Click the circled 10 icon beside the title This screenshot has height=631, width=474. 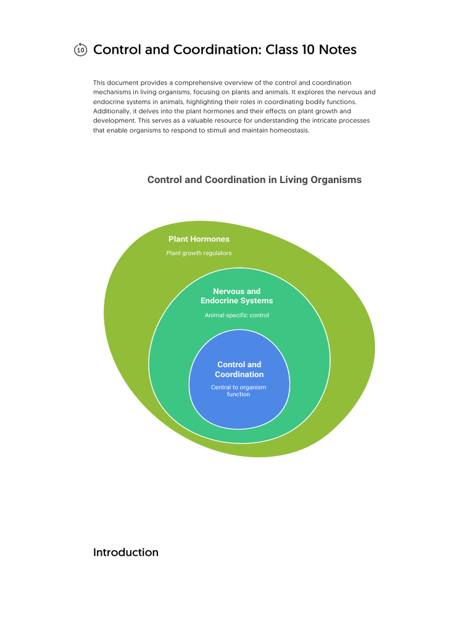point(80,50)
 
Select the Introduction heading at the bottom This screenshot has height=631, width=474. point(125,552)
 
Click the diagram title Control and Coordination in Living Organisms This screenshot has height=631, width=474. point(254,180)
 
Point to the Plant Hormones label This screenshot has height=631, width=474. point(199,239)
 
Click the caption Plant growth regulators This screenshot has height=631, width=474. point(199,253)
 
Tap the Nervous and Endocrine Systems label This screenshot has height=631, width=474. point(236,296)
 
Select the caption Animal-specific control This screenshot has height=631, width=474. point(236,315)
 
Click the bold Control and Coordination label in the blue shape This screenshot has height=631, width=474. point(239,369)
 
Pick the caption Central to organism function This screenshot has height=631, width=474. point(238,391)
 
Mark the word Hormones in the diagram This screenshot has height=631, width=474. point(210,239)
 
